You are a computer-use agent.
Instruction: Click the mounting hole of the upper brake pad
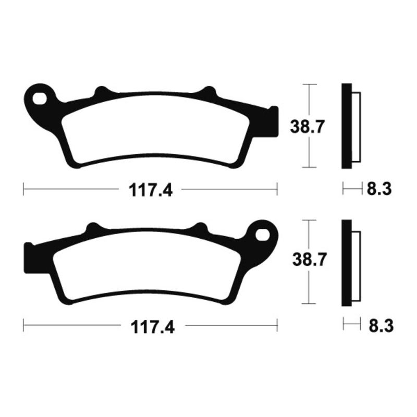[38, 97]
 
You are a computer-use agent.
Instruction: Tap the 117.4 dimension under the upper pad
[152, 190]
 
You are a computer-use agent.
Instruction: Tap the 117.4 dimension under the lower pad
[152, 327]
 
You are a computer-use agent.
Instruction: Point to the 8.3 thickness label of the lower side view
[380, 327]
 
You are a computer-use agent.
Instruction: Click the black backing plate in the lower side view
[347, 263]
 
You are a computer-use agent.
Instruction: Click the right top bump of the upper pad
[208, 92]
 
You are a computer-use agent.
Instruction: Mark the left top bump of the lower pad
[93, 228]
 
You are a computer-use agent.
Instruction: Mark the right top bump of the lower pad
[199, 228]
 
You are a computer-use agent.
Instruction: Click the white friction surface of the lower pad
[146, 266]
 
